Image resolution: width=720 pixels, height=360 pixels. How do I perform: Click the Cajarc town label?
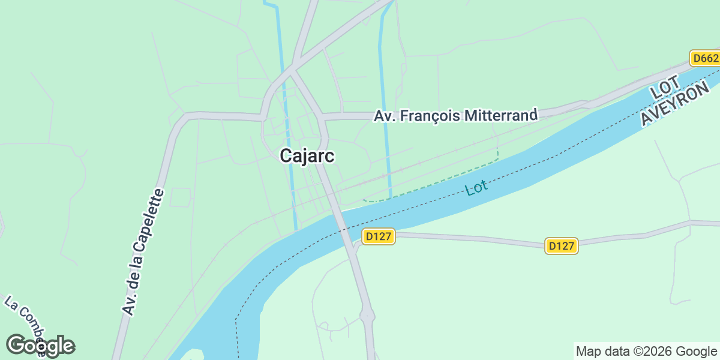point(307,156)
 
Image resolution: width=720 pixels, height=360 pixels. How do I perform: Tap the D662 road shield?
point(704,58)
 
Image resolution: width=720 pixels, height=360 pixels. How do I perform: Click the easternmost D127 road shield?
point(562,245)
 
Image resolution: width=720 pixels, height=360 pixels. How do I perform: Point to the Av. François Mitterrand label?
point(455,116)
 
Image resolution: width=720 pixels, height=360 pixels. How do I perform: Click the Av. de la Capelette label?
point(143,252)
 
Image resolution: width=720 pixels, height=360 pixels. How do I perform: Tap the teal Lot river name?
point(476,187)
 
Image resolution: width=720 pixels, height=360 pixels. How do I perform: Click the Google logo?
point(40,346)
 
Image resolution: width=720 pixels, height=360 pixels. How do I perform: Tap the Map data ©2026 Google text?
point(646,351)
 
